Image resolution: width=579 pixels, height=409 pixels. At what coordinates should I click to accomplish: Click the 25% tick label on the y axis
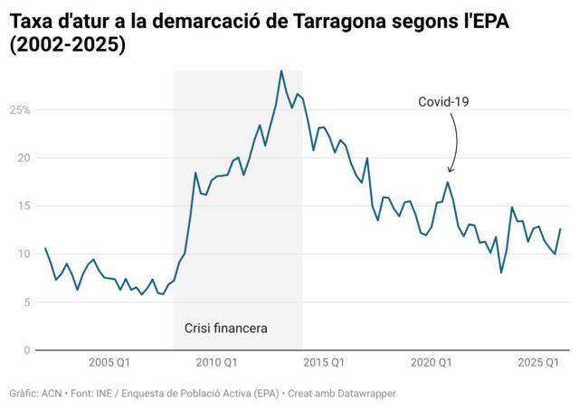pos(20,110)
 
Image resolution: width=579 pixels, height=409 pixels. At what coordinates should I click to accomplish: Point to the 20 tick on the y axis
pos(24,158)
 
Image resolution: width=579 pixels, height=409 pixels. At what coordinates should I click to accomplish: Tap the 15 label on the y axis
pos(24,206)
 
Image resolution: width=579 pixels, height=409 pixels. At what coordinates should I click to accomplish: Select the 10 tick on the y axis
pos(24,254)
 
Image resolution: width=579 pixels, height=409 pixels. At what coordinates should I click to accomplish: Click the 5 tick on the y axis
pos(27,302)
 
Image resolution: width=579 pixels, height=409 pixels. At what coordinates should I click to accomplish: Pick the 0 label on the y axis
pos(27,349)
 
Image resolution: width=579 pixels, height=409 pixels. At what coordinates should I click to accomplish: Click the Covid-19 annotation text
pos(442,102)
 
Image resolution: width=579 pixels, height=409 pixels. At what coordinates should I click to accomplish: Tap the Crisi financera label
pos(226,328)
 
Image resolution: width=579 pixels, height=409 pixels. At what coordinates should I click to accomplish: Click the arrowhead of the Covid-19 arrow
pos(450,170)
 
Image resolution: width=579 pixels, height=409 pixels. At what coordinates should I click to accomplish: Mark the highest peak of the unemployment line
pos(281,70)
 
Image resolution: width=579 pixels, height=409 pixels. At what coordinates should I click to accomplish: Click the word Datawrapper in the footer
pos(365,394)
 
